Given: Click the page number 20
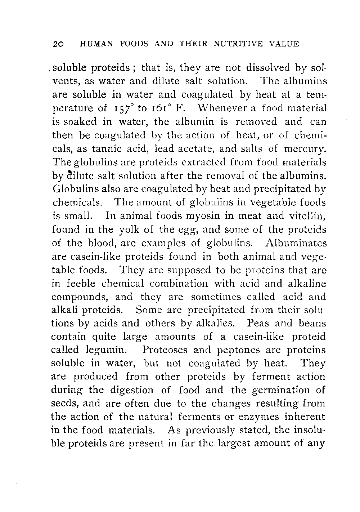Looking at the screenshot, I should [x=58, y=44].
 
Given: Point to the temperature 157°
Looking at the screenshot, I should [x=125, y=108].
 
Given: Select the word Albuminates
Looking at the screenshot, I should [x=296, y=243].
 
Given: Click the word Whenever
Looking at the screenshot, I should [x=220, y=108].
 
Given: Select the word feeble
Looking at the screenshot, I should [x=78, y=283].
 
